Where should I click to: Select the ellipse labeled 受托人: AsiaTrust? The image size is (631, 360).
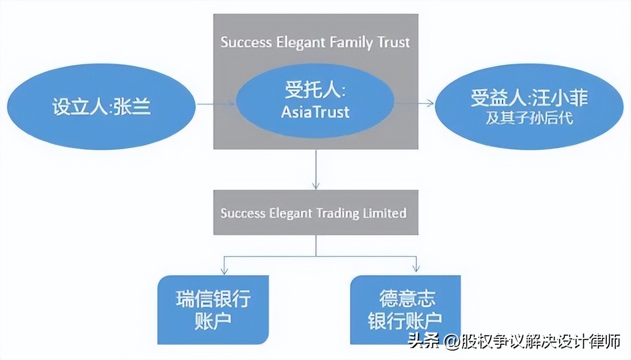tap(315, 101)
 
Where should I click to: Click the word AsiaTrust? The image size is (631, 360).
tap(315, 112)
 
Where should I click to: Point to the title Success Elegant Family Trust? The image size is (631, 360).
tap(315, 42)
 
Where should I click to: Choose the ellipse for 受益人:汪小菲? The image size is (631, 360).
tap(529, 107)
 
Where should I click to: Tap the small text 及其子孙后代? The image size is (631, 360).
tap(529, 119)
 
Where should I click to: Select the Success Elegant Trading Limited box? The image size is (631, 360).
tap(315, 213)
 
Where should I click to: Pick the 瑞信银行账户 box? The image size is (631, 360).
tap(213, 310)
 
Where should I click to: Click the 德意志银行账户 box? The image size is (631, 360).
tap(405, 310)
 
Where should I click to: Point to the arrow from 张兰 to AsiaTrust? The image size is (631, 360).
tap(216, 104)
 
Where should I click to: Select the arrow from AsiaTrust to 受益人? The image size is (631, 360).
tap(414, 103)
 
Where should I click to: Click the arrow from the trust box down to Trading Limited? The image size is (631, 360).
tap(315, 170)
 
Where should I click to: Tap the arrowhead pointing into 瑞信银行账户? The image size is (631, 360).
tap(224, 269)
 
